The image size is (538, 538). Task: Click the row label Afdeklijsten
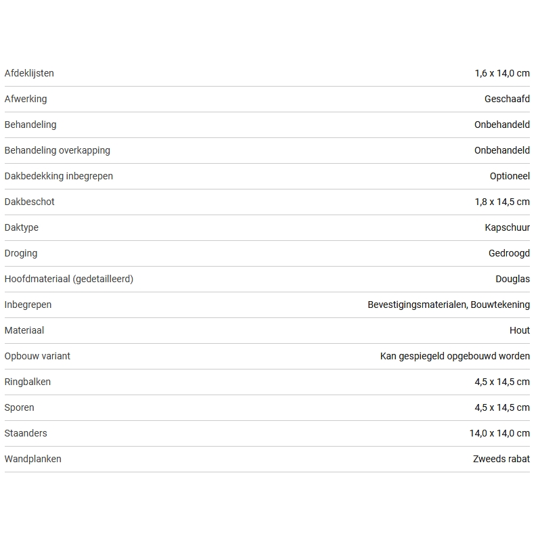pos(29,73)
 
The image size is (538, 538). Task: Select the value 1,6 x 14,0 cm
pos(502,73)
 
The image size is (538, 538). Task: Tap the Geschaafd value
pos(507,99)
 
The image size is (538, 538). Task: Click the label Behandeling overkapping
pos(57,150)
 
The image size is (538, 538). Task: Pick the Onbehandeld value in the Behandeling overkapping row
pos(501,150)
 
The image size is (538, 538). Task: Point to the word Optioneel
pos(510,176)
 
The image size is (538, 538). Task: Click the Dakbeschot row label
pos(29,202)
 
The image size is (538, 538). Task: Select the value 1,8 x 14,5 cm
pos(502,202)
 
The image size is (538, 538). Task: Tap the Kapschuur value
pos(507,227)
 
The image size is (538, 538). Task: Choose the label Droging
pos(21,253)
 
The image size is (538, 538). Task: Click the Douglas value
pos(512,279)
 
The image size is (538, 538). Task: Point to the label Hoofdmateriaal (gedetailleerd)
pos(69,279)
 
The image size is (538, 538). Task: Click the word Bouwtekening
pos(500,305)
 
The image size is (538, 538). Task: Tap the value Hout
pos(520,330)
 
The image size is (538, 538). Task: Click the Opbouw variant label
pos(37,356)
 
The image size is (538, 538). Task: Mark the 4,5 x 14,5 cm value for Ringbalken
pos(502,382)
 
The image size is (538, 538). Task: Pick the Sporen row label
pos(19,407)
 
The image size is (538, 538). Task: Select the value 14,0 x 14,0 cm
pos(499,433)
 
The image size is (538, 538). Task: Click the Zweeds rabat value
pos(501,459)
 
